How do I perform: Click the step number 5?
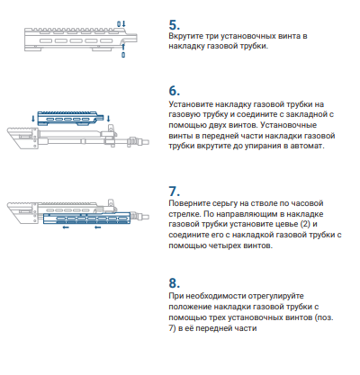[175, 25]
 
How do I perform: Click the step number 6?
[175, 91]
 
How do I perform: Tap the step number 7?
[175, 191]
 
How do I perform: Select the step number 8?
[175, 283]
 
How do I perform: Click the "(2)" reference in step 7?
[305, 224]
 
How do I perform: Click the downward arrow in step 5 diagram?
[123, 23]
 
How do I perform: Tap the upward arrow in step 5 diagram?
[123, 47]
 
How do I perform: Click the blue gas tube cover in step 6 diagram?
[70, 118]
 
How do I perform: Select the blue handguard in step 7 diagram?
[86, 219]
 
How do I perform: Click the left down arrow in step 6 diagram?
[33, 119]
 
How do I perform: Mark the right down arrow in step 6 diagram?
[108, 119]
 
